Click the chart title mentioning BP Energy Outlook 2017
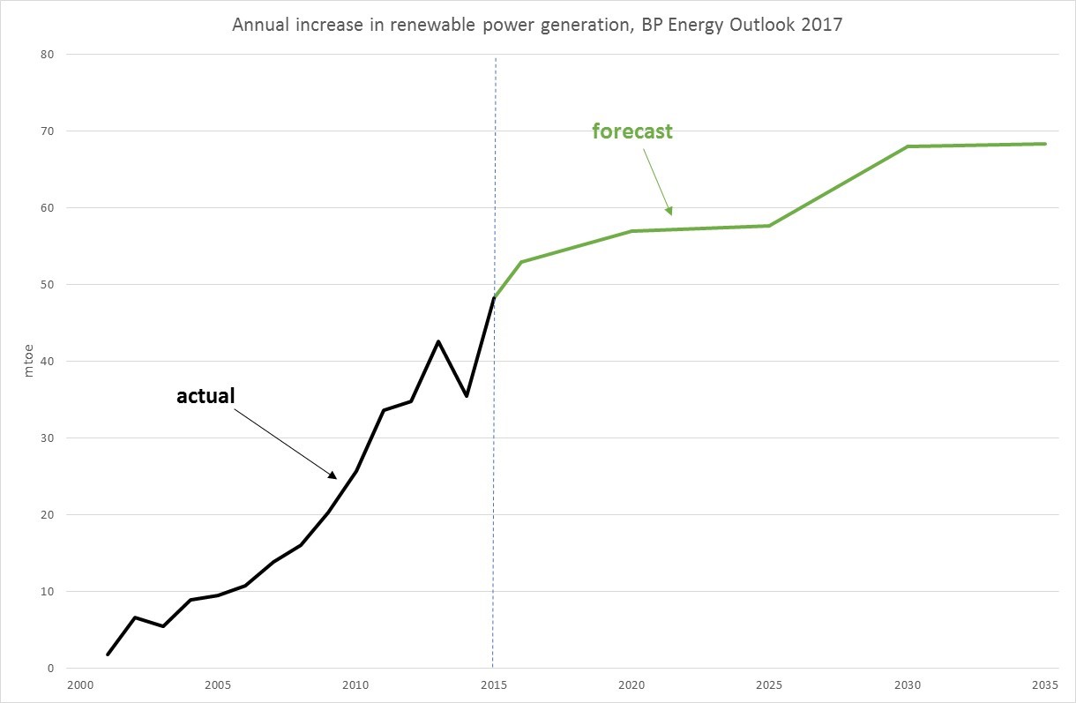pos(537,25)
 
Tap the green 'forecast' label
pos(631,132)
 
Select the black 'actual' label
pos(205,396)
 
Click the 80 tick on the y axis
pos(47,55)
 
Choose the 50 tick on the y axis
pos(47,285)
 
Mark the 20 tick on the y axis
pos(47,515)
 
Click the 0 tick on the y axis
pos(50,669)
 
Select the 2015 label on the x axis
pos(493,685)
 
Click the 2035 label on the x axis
pos(1044,685)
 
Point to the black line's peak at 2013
pos(438,341)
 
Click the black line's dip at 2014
pos(466,396)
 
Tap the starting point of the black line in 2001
pos(108,654)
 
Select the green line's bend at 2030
pos(908,146)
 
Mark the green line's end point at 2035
pos(1045,144)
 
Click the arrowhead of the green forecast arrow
pos(669,211)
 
